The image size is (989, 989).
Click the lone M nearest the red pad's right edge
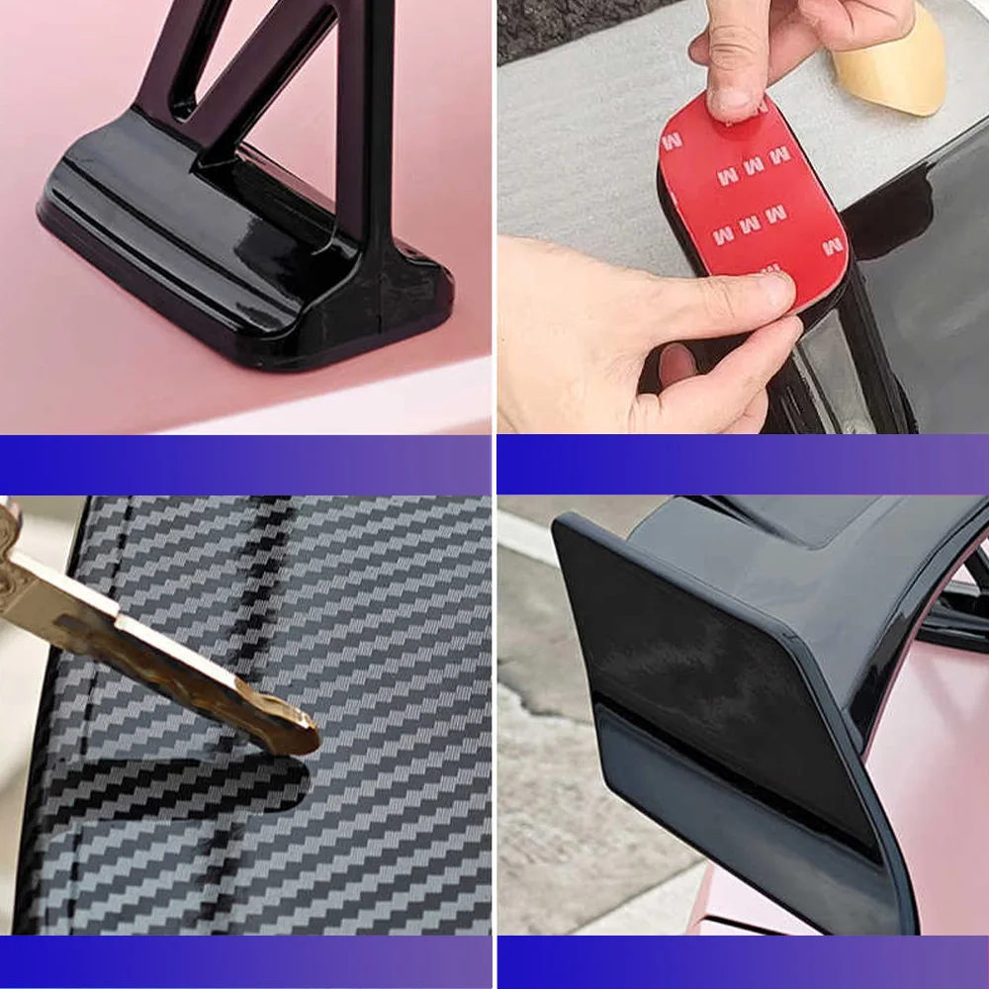[833, 246]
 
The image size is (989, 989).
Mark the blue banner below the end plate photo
[742, 961]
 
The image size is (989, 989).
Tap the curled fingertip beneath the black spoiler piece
[677, 366]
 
